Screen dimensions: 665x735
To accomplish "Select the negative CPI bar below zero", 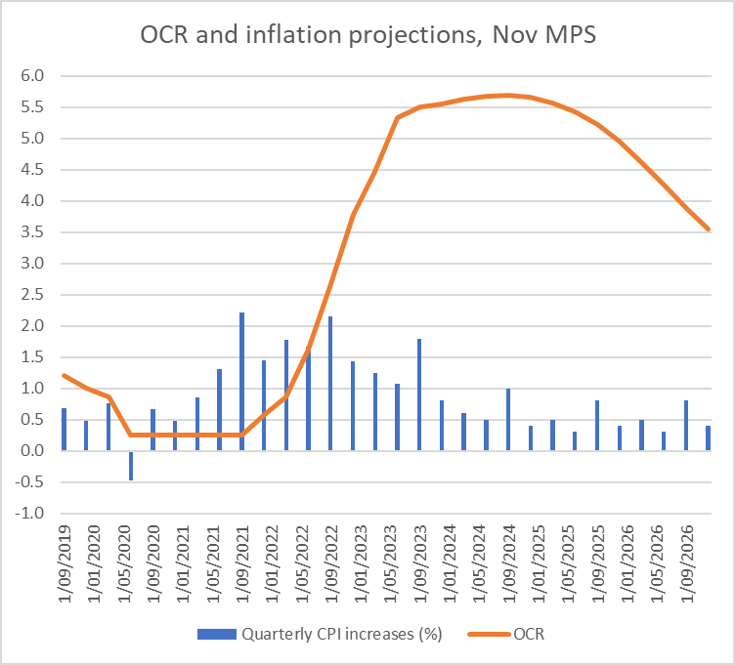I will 131,465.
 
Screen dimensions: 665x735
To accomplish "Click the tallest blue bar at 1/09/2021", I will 241,381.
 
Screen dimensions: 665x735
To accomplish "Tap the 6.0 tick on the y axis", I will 33,76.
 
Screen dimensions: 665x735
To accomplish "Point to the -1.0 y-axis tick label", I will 31,514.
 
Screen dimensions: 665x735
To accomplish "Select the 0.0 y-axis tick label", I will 33,451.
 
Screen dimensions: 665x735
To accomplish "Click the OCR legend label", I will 532,635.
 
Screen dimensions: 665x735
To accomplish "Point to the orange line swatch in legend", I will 487,635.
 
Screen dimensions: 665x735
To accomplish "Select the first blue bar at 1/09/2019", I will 65,430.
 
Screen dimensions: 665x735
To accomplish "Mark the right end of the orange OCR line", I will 708,229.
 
